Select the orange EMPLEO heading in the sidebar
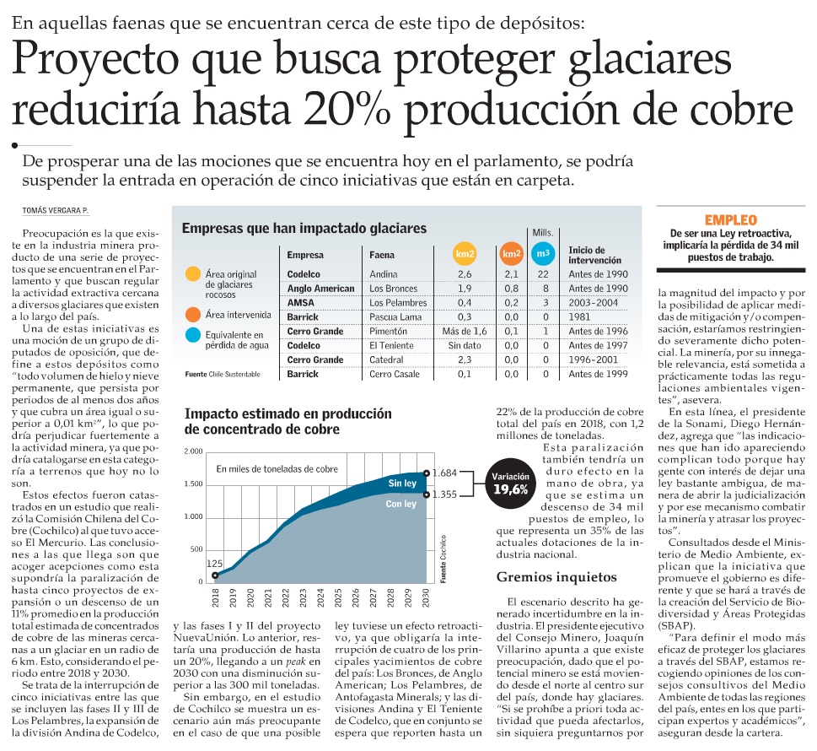click(x=731, y=219)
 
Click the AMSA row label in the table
click(x=300, y=302)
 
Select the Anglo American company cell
click(x=320, y=288)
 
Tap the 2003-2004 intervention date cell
click(x=597, y=302)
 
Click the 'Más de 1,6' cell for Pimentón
click(x=465, y=332)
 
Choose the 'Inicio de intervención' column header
click(x=595, y=255)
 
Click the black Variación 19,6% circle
click(x=509, y=484)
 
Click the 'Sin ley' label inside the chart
click(x=401, y=483)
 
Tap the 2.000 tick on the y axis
click(x=193, y=452)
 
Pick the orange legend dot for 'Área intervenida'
click(x=192, y=314)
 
